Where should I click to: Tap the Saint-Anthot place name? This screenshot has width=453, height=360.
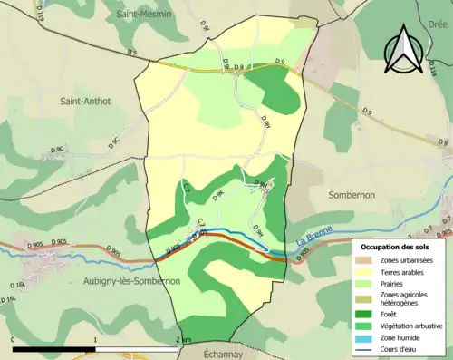click(x=85, y=102)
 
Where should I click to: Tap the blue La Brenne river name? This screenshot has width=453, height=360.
click(x=314, y=238)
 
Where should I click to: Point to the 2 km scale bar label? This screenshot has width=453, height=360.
click(x=184, y=340)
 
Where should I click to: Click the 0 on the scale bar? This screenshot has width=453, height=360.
click(x=13, y=340)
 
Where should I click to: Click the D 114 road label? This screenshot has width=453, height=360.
click(x=445, y=69)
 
